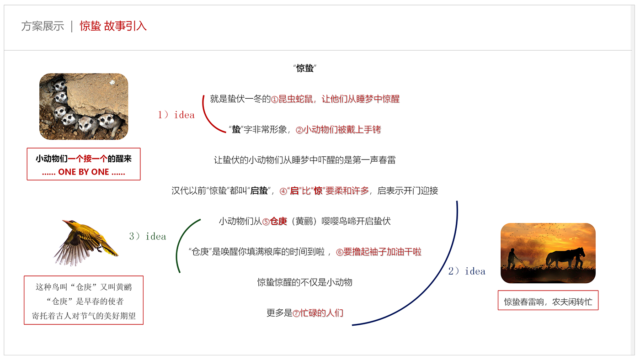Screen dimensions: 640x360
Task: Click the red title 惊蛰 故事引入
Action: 113,26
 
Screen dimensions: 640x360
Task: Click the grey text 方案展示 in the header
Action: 43,26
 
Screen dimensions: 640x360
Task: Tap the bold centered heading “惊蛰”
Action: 305,69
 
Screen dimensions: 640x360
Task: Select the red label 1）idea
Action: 176,115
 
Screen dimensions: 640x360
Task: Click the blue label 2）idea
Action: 467,271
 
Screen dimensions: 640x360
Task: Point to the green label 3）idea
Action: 148,236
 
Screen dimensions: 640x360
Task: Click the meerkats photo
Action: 84,106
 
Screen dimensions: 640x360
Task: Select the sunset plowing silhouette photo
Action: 548,253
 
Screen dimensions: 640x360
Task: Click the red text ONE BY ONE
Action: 84,172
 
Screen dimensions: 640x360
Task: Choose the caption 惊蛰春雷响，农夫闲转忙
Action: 548,302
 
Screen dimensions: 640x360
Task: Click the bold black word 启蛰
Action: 259,191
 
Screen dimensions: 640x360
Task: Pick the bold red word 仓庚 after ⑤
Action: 278,221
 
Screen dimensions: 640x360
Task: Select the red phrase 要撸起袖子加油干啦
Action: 382,252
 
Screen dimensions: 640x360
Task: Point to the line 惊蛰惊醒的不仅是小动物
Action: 305,282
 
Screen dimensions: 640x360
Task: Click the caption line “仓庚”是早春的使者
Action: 85,301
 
